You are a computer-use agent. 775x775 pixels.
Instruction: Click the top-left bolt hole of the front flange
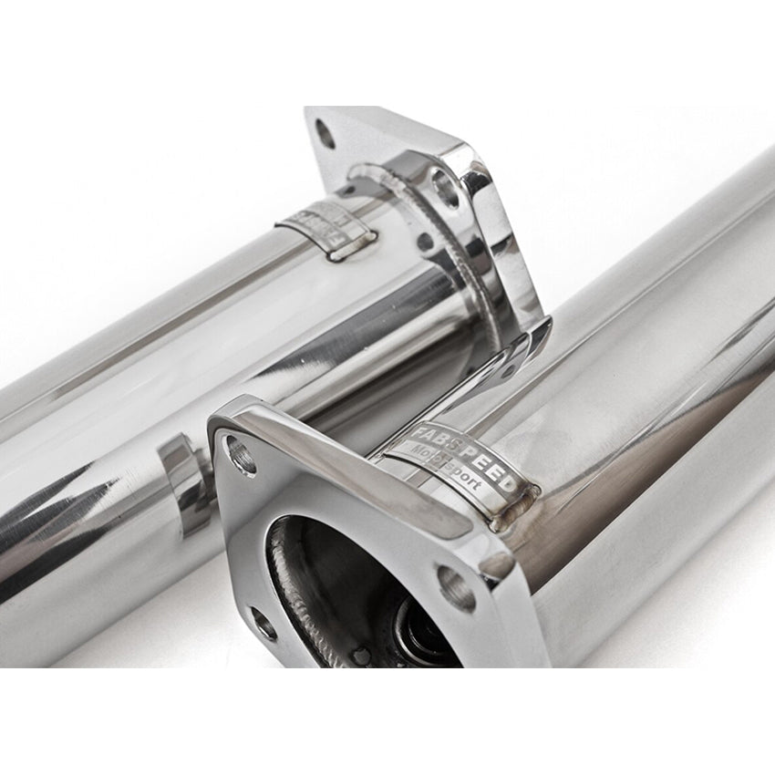tap(242, 454)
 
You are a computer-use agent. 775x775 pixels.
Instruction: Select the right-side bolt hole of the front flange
tap(456, 588)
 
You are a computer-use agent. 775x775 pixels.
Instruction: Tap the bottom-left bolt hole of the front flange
tap(263, 625)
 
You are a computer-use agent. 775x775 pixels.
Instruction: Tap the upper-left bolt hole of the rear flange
tap(325, 134)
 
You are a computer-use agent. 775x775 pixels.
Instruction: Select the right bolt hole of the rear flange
tap(445, 189)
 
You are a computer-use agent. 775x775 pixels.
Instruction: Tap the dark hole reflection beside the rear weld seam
tap(424, 243)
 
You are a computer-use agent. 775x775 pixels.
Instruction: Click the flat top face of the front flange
tap(365, 474)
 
